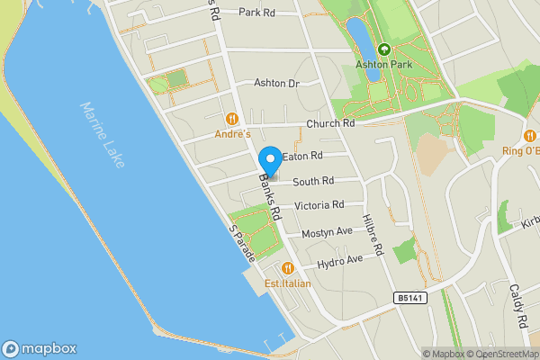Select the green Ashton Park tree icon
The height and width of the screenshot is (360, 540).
tap(384, 49)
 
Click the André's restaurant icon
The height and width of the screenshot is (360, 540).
tap(232, 118)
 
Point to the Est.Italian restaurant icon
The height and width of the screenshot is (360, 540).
tap(287, 267)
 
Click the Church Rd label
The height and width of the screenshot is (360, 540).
tap(330, 124)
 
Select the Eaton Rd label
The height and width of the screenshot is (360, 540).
tap(301, 157)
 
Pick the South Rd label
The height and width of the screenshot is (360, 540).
tap(312, 180)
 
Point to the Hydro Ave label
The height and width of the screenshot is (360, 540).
tap(338, 260)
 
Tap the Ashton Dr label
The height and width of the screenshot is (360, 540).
tap(275, 83)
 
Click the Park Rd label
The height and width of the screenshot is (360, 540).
tap(256, 13)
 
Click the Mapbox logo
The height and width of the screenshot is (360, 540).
tap(39, 348)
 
